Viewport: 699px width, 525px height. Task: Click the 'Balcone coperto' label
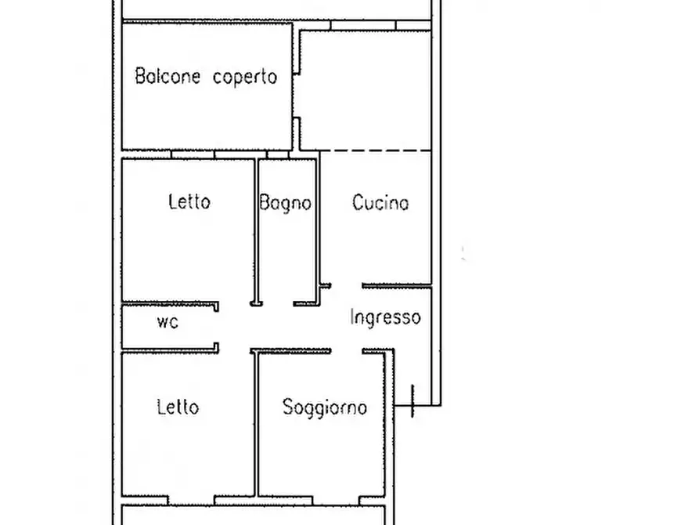(206, 77)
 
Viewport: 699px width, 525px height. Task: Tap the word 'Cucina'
(380, 203)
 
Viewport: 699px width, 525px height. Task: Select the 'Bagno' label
(286, 203)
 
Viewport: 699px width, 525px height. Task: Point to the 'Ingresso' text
(386, 317)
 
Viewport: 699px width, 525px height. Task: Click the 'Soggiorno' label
(325, 407)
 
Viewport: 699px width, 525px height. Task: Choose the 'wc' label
(168, 321)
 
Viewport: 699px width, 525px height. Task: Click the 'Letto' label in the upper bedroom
(189, 202)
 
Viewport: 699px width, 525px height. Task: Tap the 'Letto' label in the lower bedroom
(178, 407)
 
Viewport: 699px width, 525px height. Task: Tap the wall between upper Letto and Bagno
(257, 227)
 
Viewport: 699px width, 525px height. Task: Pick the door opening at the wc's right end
(217, 327)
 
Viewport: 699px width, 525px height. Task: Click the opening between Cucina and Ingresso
(347, 285)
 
